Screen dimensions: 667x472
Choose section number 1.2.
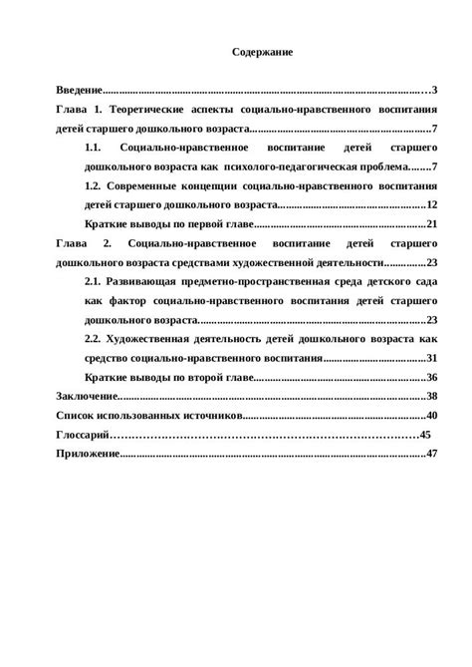(x=97, y=185)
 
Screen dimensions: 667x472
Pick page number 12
(x=431, y=204)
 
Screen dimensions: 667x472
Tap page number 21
(x=431, y=223)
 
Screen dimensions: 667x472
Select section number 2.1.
(x=97, y=281)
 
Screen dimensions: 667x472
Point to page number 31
(x=431, y=358)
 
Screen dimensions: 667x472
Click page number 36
(x=431, y=377)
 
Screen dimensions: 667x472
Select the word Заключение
(x=85, y=396)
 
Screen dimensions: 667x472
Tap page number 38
(x=431, y=396)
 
